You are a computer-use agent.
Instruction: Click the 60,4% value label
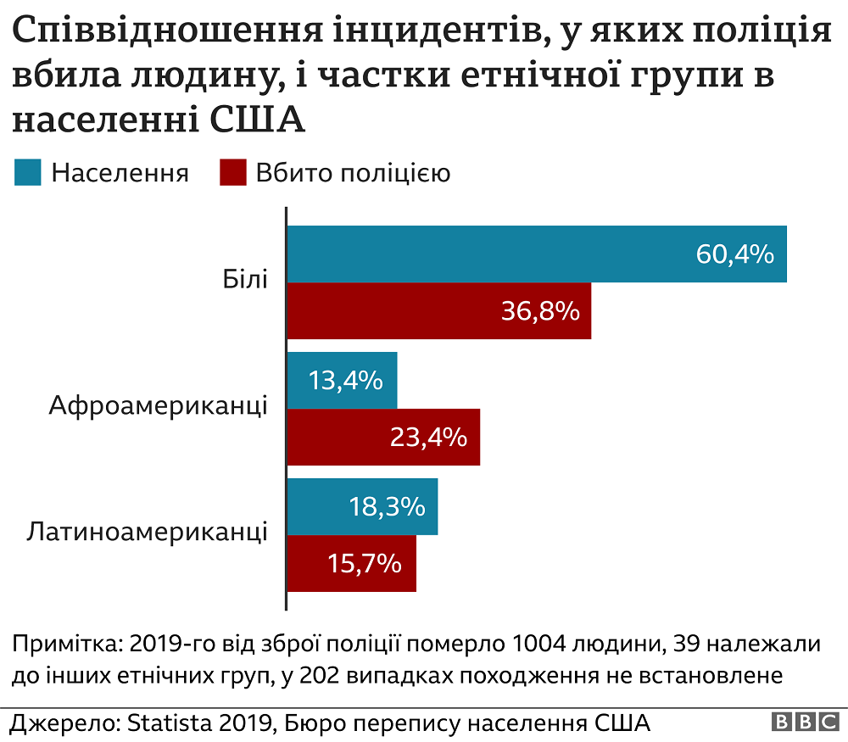pyautogui.click(x=734, y=254)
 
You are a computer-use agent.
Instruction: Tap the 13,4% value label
pyautogui.click(x=344, y=381)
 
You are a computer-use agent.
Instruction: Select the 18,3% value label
pyautogui.click(x=386, y=507)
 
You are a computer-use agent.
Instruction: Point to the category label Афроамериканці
pyautogui.click(x=159, y=405)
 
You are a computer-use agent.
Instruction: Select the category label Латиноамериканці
pyautogui.click(x=148, y=533)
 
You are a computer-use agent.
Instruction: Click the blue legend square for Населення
pyautogui.click(x=27, y=173)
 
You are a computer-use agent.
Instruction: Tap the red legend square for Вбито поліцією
pyautogui.click(x=232, y=173)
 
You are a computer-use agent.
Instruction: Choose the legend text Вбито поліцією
pyautogui.click(x=353, y=173)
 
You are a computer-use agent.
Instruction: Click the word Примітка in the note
pyautogui.click(x=63, y=644)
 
